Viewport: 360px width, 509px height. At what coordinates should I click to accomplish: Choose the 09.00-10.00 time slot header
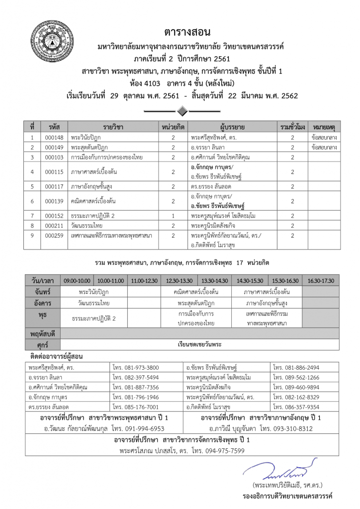(x=77, y=280)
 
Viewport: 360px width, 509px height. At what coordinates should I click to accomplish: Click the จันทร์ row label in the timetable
(x=44, y=291)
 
